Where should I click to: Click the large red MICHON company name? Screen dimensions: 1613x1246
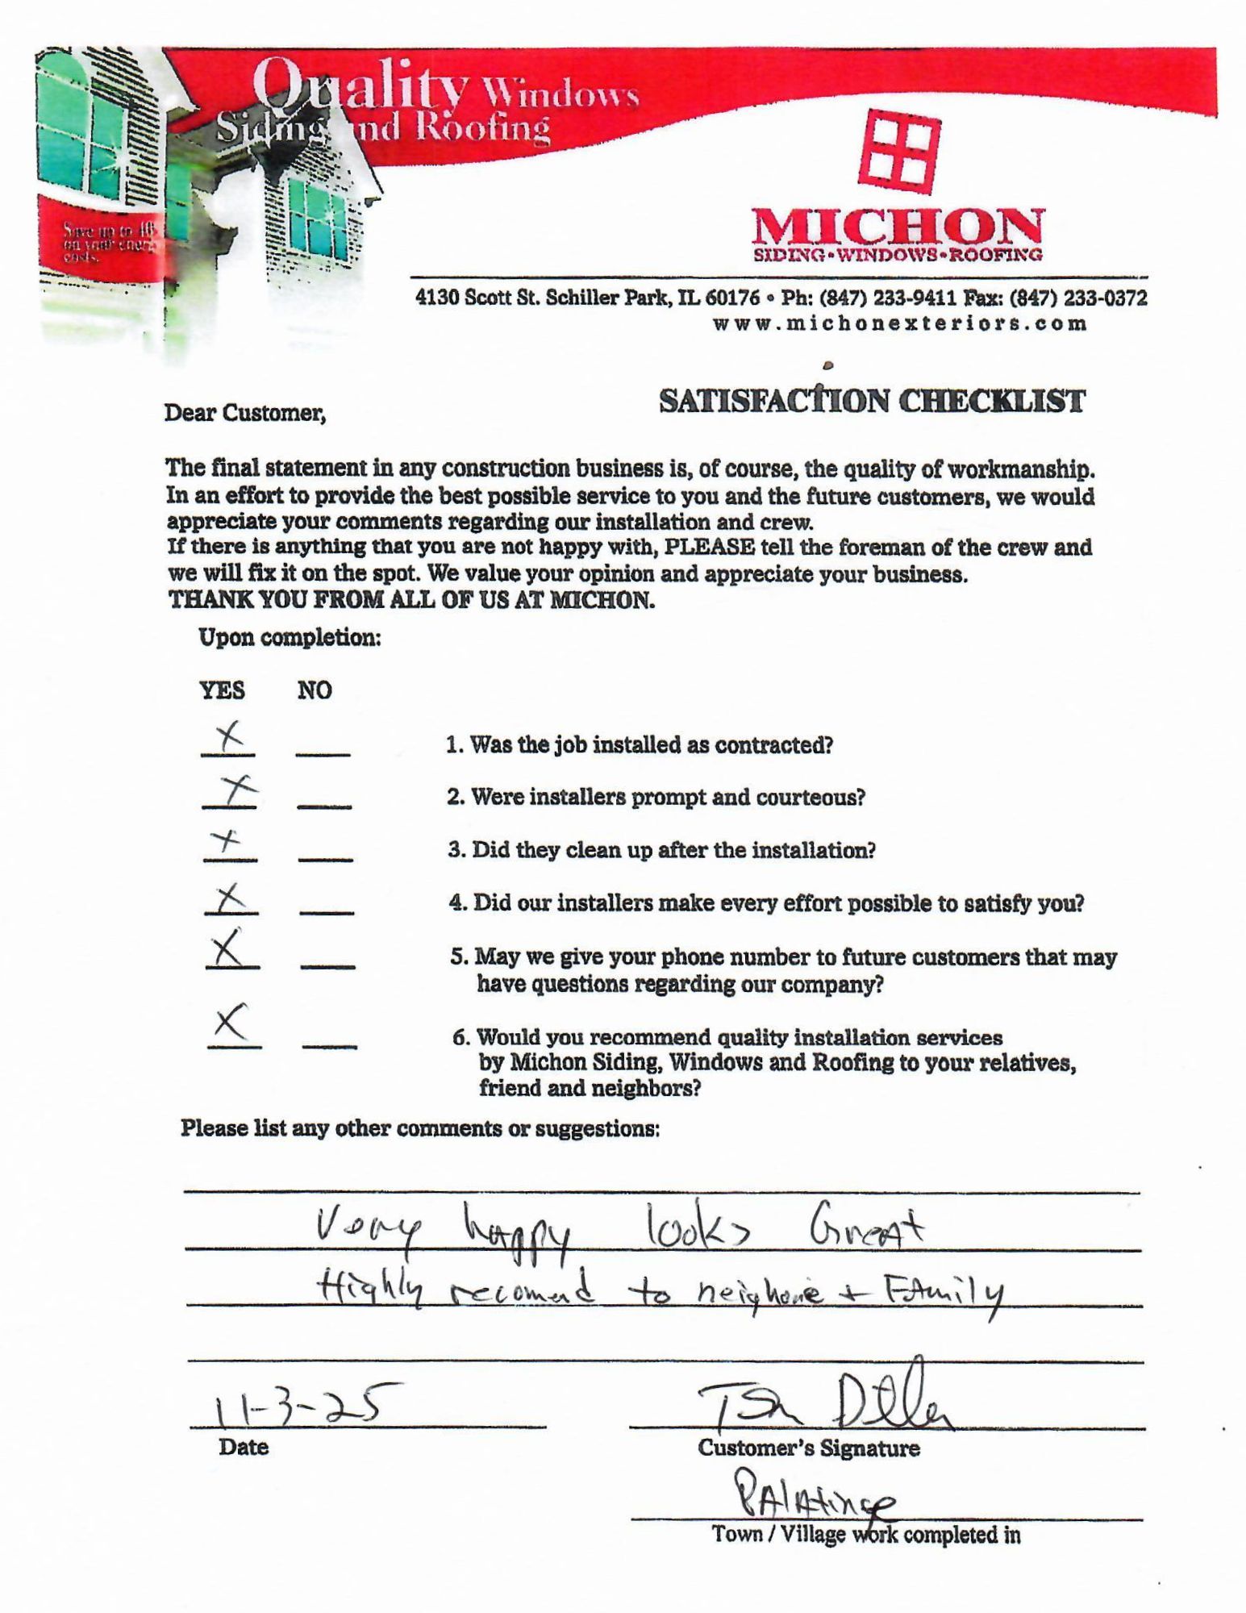(x=897, y=227)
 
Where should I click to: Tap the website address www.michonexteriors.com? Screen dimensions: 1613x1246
(x=900, y=324)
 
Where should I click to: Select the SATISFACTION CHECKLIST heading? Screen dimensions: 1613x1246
(x=872, y=401)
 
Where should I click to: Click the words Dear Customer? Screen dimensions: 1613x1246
(x=245, y=414)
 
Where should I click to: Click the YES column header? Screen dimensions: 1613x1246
(x=223, y=690)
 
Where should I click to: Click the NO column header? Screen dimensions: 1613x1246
(x=315, y=690)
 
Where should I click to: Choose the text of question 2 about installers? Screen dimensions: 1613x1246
(x=656, y=798)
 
